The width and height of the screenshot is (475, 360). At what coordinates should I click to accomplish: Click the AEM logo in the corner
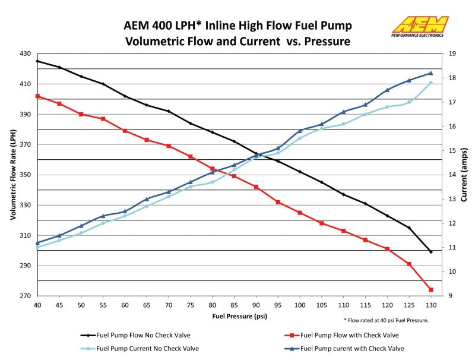pyautogui.click(x=420, y=28)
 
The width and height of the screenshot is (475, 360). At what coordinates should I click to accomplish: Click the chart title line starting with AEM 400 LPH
pyautogui.click(x=237, y=26)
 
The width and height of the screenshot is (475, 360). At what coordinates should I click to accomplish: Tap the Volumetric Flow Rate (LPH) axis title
pyautogui.click(x=12, y=175)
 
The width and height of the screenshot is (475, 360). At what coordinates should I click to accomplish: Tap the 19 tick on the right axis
pyautogui.click(x=452, y=53)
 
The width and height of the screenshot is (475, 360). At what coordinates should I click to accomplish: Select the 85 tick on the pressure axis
pyautogui.click(x=234, y=305)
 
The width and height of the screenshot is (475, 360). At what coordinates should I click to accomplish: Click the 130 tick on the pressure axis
pyautogui.click(x=431, y=305)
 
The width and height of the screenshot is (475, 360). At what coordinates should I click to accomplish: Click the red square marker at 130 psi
pyautogui.click(x=431, y=289)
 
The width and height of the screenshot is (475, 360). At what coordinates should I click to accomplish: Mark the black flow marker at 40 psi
pyautogui.click(x=37, y=61)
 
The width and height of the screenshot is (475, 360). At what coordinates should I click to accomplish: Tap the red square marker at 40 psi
pyautogui.click(x=37, y=96)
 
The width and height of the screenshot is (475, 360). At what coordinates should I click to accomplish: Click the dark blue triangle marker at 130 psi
pyautogui.click(x=431, y=73)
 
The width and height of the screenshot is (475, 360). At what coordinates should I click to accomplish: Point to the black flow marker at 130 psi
pyautogui.click(x=431, y=252)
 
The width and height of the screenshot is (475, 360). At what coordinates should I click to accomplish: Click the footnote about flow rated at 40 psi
pyautogui.click(x=386, y=320)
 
